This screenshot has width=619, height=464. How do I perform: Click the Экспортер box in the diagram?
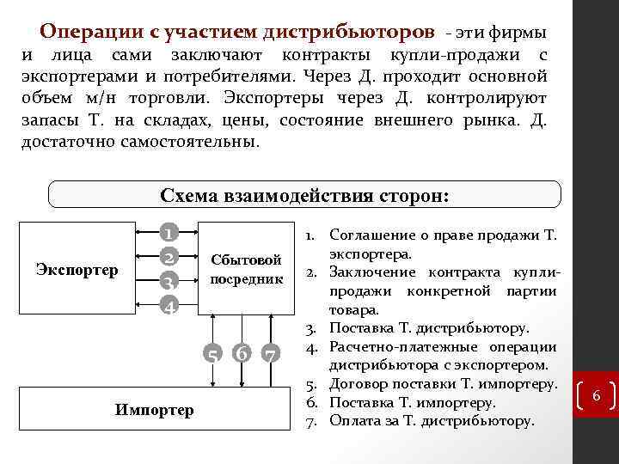pyautogui.click(x=77, y=270)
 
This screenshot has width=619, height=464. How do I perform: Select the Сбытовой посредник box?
pyautogui.click(x=247, y=269)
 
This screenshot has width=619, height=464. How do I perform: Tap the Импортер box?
pyautogui.click(x=154, y=410)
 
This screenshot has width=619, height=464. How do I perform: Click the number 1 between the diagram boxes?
pyautogui.click(x=171, y=233)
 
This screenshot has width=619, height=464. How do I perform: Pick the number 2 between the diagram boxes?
pyautogui.click(x=171, y=257)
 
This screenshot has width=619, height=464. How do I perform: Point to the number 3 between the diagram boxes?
pyautogui.click(x=171, y=282)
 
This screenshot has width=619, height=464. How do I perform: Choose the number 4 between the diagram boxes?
pyautogui.click(x=171, y=306)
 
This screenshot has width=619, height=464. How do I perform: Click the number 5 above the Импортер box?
pyautogui.click(x=211, y=352)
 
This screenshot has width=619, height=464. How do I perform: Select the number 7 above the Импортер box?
pyautogui.click(x=270, y=352)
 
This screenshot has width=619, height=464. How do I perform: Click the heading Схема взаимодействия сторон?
pyautogui.click(x=304, y=194)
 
